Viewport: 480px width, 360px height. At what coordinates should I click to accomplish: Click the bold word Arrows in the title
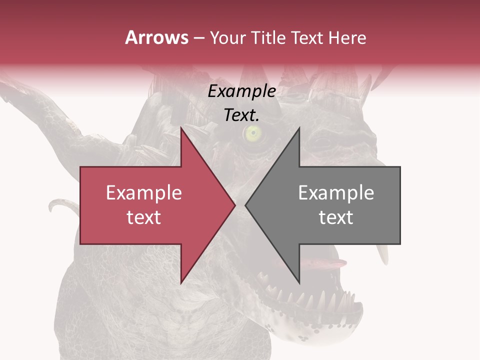click(x=156, y=37)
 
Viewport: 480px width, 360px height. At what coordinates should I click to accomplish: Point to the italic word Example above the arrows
click(x=242, y=91)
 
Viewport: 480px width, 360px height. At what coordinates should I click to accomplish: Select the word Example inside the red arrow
click(x=144, y=192)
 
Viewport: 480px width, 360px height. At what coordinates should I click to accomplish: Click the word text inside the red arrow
click(x=144, y=217)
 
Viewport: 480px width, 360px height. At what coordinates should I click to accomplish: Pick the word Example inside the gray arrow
click(x=336, y=192)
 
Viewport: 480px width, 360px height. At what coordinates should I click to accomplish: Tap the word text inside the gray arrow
click(x=336, y=217)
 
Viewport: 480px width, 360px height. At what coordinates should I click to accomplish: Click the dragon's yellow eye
click(x=253, y=132)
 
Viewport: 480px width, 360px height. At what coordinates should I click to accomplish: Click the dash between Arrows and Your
click(x=199, y=38)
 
